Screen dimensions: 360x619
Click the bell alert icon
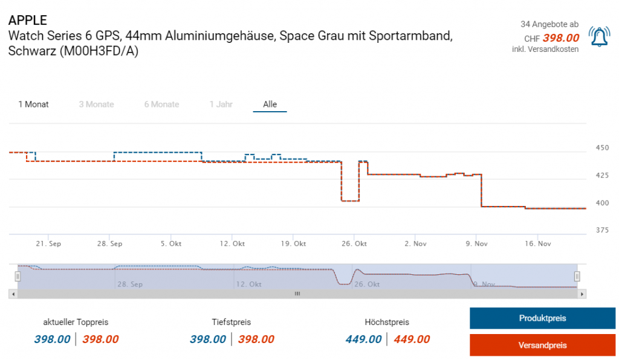point(599,36)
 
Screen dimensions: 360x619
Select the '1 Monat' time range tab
point(33,104)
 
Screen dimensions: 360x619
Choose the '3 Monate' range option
point(96,104)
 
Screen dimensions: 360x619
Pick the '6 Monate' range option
point(161,104)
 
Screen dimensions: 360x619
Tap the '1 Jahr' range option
point(221,104)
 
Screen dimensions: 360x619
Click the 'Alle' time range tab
point(270,104)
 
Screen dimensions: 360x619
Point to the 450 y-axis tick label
point(602,148)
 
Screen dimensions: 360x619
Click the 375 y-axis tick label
point(602,230)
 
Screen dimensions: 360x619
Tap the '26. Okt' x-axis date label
point(354,244)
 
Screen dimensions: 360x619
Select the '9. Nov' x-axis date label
point(476,244)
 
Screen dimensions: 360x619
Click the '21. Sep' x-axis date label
point(48,244)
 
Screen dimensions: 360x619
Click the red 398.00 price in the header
point(561,37)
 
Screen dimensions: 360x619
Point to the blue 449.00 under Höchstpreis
point(364,339)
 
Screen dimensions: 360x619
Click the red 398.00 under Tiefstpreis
point(256,339)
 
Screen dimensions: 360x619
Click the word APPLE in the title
point(28,21)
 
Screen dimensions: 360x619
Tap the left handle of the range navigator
point(18,276)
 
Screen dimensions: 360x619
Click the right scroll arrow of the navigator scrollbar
point(582,294)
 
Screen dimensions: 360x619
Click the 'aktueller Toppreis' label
point(76,322)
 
